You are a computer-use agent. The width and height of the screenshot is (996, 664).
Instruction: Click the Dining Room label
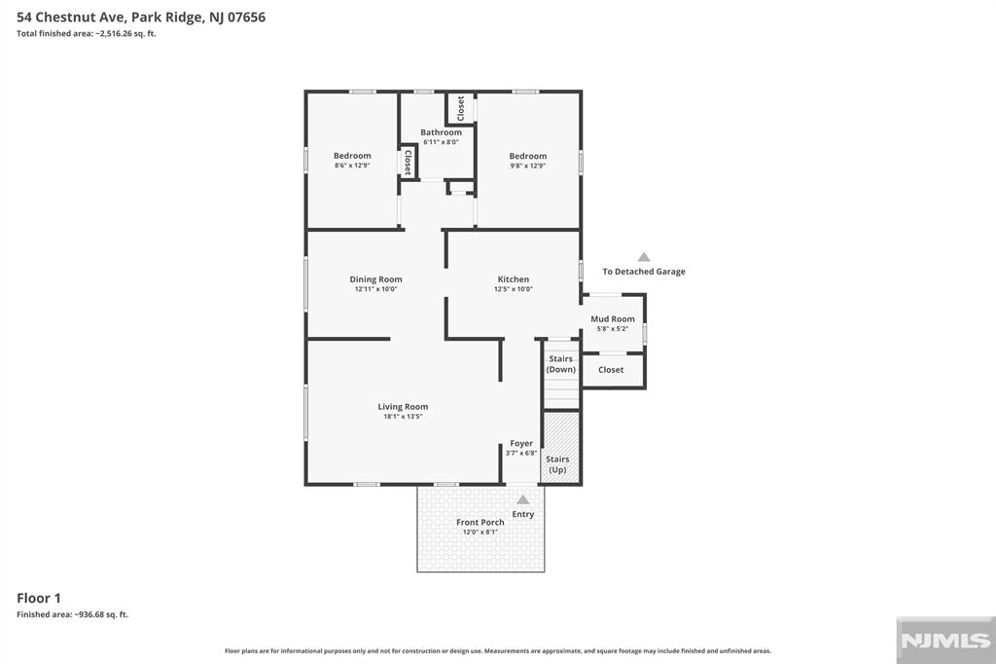(375, 279)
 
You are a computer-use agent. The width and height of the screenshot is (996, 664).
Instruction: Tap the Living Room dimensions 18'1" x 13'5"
(403, 417)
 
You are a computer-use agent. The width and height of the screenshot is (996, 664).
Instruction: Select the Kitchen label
(514, 279)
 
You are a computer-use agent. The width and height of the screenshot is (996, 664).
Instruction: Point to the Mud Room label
(613, 319)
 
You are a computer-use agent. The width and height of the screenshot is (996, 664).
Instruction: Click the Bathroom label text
(441, 132)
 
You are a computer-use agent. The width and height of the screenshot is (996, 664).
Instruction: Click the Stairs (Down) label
(561, 364)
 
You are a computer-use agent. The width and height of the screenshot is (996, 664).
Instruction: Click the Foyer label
(521, 443)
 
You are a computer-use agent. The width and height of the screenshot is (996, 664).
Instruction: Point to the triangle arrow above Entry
(522, 499)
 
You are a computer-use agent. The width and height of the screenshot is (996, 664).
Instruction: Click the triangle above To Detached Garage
(644, 257)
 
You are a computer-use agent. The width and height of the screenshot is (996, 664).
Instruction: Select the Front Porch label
(480, 522)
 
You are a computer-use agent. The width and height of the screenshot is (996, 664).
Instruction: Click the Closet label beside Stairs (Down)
(611, 370)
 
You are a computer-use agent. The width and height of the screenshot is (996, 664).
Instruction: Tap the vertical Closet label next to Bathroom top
(460, 108)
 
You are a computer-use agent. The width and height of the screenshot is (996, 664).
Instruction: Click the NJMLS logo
(945, 641)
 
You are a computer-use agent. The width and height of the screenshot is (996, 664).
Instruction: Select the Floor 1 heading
(39, 598)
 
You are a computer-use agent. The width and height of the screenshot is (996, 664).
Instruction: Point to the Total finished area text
(87, 34)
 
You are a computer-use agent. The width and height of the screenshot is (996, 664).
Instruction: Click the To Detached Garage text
(644, 272)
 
